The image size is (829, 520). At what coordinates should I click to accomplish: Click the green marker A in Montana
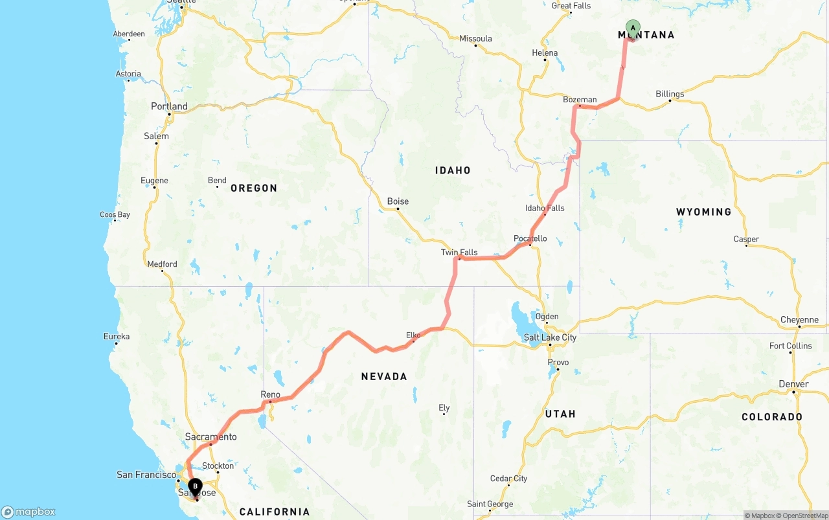coord(633,28)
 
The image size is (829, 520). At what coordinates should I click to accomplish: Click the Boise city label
coord(398,201)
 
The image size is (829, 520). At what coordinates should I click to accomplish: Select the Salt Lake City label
coord(550,337)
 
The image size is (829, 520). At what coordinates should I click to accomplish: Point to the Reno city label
coord(270,394)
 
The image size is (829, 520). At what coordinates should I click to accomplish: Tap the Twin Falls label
coord(459,253)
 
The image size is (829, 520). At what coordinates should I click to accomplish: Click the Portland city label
coord(169,106)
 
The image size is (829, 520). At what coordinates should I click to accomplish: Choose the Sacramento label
coord(210,437)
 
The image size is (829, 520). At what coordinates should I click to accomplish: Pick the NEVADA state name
coord(384,376)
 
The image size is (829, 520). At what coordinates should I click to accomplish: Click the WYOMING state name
coord(703,212)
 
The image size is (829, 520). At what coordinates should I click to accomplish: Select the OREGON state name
coord(254,188)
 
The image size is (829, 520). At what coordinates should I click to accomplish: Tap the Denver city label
coord(793,384)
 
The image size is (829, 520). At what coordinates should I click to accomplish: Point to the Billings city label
coord(670,94)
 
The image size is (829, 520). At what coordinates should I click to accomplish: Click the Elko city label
coord(413,335)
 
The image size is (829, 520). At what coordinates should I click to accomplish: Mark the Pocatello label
coord(530,238)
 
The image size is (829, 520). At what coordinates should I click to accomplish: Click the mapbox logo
coord(28,512)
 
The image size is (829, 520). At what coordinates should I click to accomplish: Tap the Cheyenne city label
coord(799,320)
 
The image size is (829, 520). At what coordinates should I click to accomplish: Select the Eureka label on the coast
coord(117,336)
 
